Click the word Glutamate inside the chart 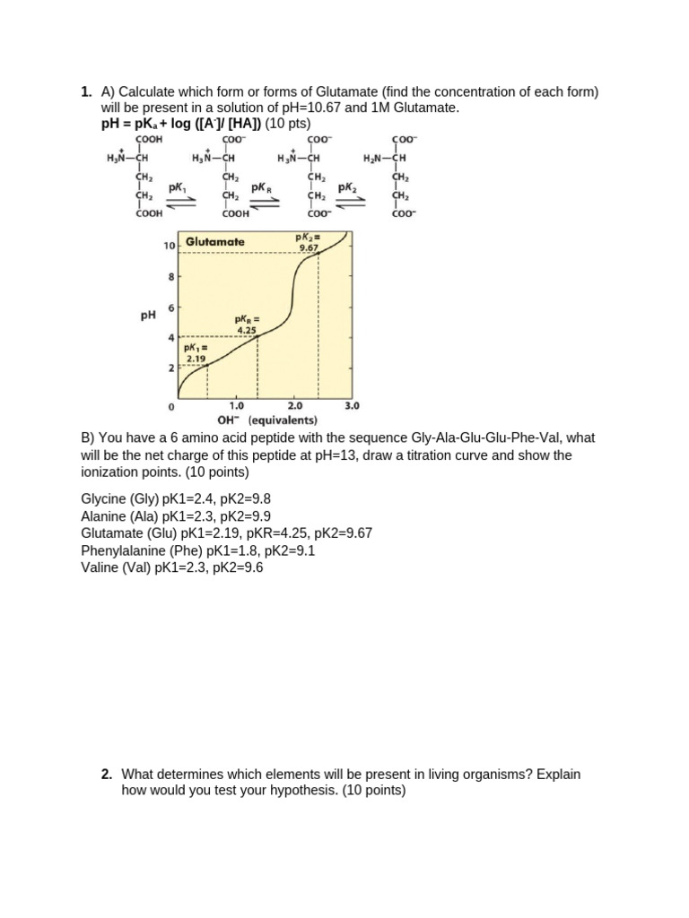click(x=215, y=242)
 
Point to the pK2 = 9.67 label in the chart click(x=309, y=243)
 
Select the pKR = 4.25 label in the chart click(x=247, y=324)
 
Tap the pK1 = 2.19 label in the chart click(x=196, y=353)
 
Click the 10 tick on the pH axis click(x=169, y=246)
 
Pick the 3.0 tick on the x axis click(x=353, y=406)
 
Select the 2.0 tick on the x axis click(x=295, y=406)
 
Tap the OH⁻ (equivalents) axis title click(x=267, y=420)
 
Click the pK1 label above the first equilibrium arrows click(x=178, y=188)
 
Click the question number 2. click(x=106, y=775)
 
